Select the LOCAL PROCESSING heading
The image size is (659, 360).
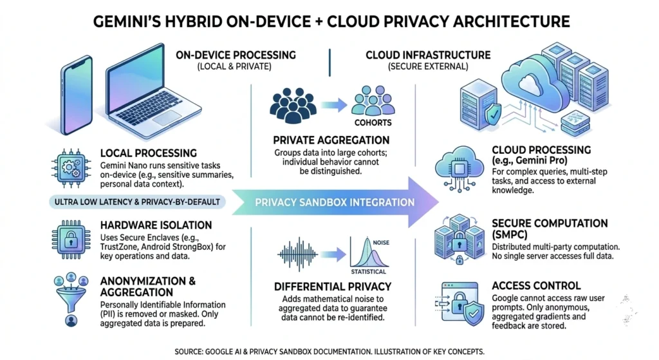coord(149,153)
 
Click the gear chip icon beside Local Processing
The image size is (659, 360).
coord(71,166)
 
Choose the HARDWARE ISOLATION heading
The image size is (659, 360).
coord(156,225)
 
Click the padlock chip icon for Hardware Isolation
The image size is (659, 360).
coord(71,238)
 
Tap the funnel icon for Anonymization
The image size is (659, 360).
coord(71,299)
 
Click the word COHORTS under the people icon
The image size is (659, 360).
coord(373,122)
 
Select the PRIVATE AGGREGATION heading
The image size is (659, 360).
coord(331,140)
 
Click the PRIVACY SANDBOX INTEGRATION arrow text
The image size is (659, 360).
coord(335,202)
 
